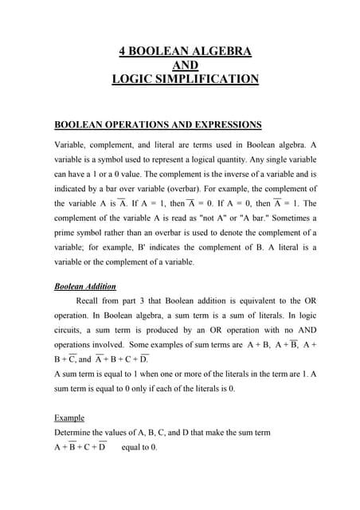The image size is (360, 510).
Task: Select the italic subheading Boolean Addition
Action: [x=84, y=286]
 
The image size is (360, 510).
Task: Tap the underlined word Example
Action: [x=68, y=418]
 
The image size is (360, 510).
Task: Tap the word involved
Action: [x=107, y=345]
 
